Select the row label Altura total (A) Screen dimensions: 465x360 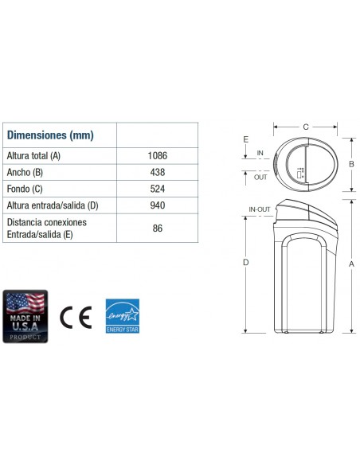(34, 155)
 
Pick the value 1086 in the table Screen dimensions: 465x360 (157, 155)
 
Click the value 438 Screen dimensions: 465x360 (157, 172)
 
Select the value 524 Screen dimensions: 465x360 (157, 189)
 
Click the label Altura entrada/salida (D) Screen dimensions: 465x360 (52, 206)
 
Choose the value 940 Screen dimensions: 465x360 (157, 206)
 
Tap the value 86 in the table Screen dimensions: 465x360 (157, 228)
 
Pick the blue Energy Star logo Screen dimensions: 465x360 (123, 317)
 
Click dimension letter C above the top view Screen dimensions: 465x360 (306, 127)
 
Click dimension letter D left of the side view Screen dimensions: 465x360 (245, 262)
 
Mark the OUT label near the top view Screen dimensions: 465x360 (260, 177)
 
